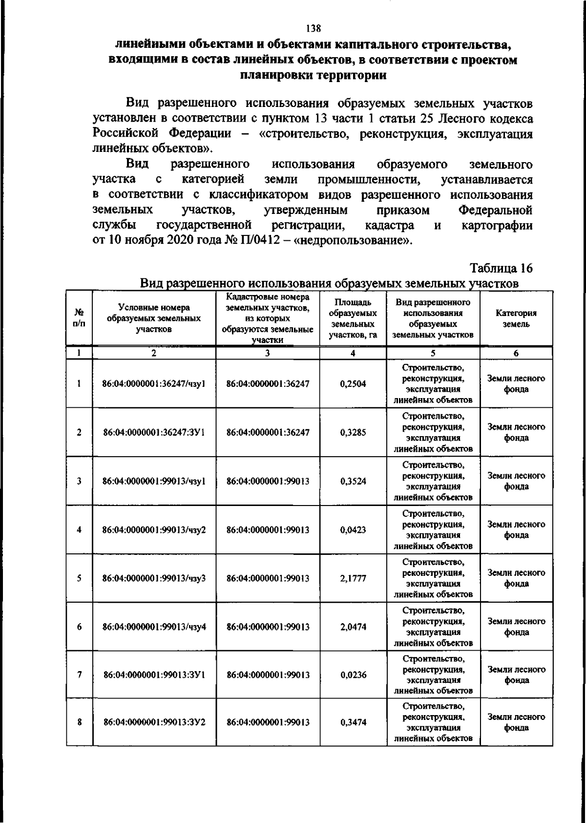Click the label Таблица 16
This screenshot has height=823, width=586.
point(501,268)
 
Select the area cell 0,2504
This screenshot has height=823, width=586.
point(353,384)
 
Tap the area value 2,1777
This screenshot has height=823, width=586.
point(353,578)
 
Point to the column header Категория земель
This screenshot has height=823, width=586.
point(516,319)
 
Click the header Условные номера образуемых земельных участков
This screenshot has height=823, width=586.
point(154,318)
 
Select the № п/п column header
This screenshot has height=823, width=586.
point(79,319)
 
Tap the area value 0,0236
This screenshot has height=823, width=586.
point(353,675)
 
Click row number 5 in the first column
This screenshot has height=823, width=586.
point(79,578)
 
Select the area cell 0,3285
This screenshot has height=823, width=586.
point(353,432)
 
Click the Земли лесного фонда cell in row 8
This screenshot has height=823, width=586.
point(516,722)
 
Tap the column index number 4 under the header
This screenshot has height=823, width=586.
point(353,354)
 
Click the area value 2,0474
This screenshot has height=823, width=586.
point(353,627)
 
